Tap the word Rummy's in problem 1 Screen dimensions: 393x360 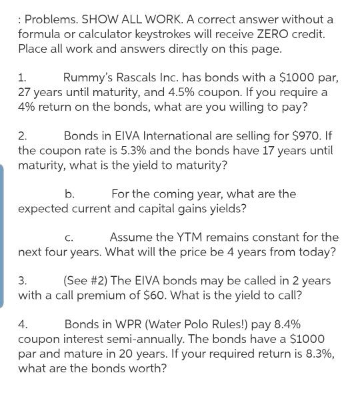[x=87, y=77]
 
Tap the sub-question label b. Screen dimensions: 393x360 [x=69, y=194]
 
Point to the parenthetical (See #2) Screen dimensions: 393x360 [x=91, y=282]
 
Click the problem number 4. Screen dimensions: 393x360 [x=23, y=325]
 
